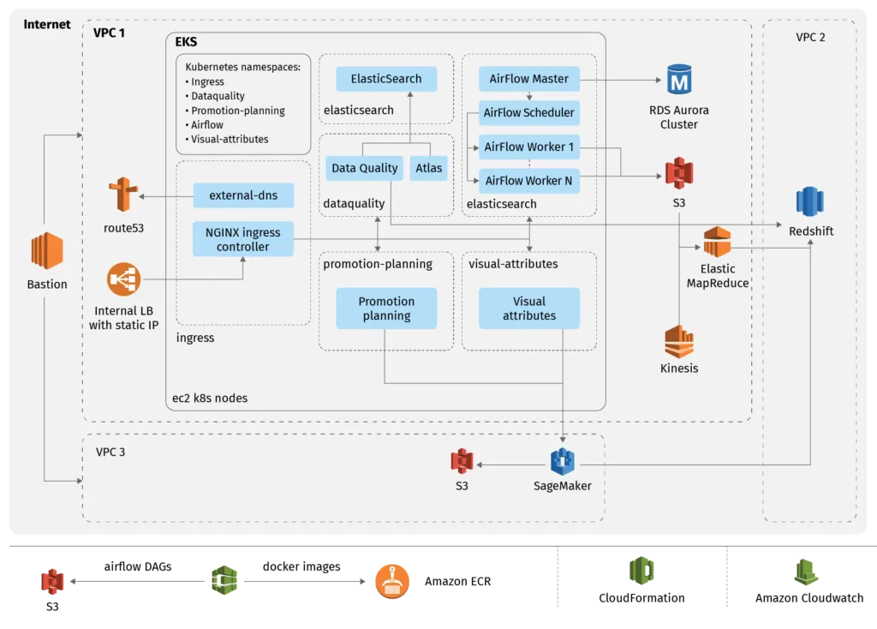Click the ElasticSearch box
(386, 79)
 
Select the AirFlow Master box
(528, 79)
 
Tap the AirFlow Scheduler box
(528, 112)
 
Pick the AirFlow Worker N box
(528, 180)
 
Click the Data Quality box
(365, 168)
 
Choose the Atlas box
(429, 168)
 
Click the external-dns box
(243, 195)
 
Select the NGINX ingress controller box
(243, 239)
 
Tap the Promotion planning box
(386, 309)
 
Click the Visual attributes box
(528, 309)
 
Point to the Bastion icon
(47, 251)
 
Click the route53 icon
(122, 195)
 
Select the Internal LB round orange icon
(123, 279)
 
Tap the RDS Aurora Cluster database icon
(679, 82)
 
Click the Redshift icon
(809, 201)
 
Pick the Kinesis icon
(678, 342)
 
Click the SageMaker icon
(562, 461)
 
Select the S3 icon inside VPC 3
(462, 461)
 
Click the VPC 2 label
(810, 37)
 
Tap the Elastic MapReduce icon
(717, 243)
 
